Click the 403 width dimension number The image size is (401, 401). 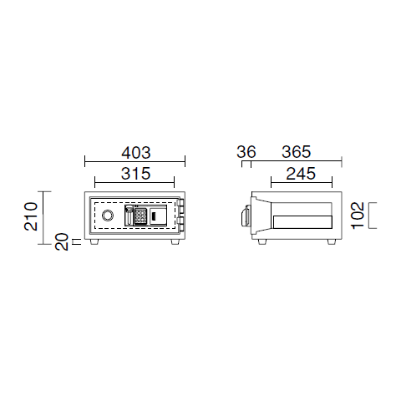136,153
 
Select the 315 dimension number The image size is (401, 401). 135,174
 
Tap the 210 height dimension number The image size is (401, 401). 31,216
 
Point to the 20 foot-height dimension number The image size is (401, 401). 62,241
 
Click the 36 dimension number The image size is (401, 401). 246,152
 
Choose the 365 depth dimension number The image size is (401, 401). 296,152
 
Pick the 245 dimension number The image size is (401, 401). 301,174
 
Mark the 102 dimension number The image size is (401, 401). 358,216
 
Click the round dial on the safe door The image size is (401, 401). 108,216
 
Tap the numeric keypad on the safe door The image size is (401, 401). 140,216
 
